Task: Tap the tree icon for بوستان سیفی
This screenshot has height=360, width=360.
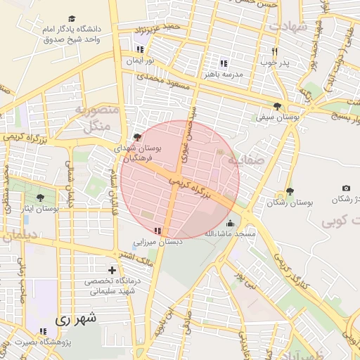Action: [x=278, y=106]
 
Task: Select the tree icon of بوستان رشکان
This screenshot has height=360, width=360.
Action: [x=290, y=191]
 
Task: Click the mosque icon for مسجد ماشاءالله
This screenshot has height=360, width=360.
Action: [x=230, y=224]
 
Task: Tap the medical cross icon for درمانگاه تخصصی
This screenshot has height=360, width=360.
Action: [x=112, y=270]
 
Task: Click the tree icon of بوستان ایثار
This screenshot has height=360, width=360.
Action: [x=40, y=198]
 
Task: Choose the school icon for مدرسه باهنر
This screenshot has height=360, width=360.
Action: [x=224, y=62]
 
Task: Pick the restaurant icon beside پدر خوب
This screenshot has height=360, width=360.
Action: [x=275, y=51]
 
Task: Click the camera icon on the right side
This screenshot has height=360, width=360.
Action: [x=346, y=188]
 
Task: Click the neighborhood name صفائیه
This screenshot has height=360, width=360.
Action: [x=241, y=160]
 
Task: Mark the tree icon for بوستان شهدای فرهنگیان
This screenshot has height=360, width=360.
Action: [x=136, y=137]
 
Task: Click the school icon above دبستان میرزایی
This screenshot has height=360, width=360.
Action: [x=158, y=231]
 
